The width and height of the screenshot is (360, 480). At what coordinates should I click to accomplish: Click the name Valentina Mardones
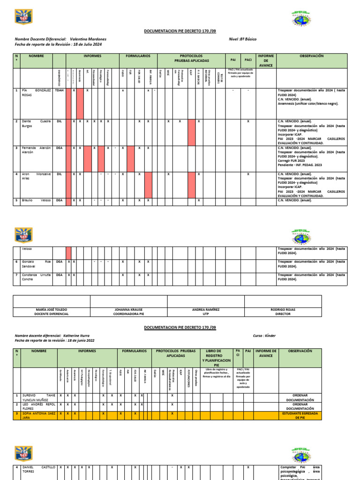(88, 39)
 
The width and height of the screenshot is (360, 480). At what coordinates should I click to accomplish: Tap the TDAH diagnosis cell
(59, 90)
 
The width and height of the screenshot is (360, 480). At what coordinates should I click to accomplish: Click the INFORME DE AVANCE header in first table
(266, 60)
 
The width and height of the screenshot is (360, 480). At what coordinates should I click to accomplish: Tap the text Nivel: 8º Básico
(243, 39)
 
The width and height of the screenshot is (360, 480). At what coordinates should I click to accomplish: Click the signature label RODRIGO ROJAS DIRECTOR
(283, 312)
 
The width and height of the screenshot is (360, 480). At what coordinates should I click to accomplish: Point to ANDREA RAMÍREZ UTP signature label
(206, 312)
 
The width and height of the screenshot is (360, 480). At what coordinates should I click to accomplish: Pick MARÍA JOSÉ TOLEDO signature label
(52, 312)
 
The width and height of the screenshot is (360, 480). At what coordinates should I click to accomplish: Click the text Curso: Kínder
(265, 336)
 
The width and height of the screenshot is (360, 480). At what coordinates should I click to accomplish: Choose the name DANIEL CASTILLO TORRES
(36, 470)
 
